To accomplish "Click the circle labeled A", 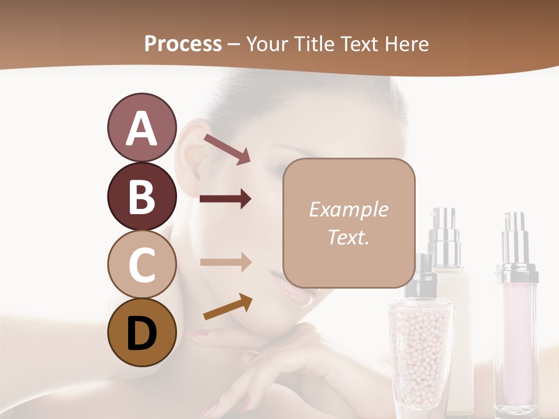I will click(x=141, y=127).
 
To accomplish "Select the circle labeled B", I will click(x=141, y=196).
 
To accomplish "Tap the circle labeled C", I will click(x=141, y=264).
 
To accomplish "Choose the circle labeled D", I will click(x=141, y=332).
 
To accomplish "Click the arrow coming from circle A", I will click(x=227, y=149).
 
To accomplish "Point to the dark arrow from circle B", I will click(x=225, y=199).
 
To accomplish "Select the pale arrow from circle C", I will click(x=225, y=262).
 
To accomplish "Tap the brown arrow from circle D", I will click(x=227, y=307).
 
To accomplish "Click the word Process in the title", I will click(x=183, y=44).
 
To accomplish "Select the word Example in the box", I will click(x=348, y=210).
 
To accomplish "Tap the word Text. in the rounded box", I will click(x=348, y=237).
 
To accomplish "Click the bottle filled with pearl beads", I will click(x=420, y=349).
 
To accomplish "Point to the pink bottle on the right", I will click(x=516, y=332).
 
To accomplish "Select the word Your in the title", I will click(x=267, y=44).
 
